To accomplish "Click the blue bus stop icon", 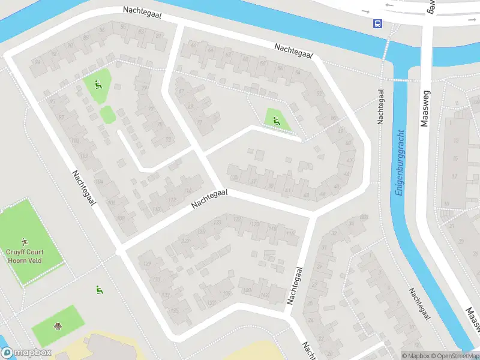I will [378, 24].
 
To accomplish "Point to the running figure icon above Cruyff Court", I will [25, 242].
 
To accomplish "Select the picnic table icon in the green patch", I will [58, 327].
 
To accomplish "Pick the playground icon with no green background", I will [99, 290].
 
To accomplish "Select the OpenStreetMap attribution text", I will [454, 356].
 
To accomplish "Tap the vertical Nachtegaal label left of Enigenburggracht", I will [380, 107].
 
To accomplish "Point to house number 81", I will [158, 37].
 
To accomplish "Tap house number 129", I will [145, 264].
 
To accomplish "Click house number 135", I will [175, 311].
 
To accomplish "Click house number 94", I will [38, 61].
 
